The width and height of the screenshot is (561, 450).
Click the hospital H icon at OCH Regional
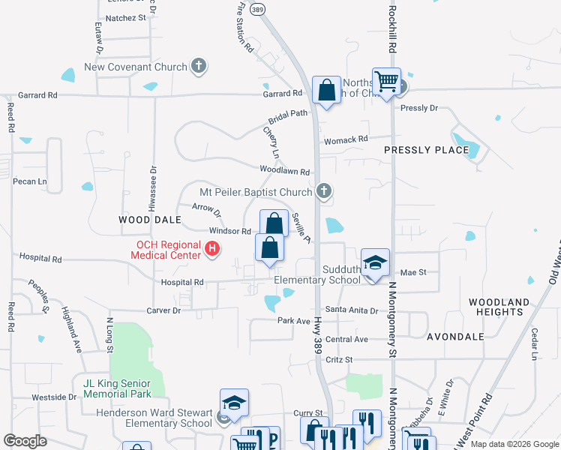click(x=212, y=250)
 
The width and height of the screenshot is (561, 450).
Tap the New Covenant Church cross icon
click(x=199, y=67)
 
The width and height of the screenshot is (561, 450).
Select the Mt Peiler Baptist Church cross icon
click(x=324, y=192)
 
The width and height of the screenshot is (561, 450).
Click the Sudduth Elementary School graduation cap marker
click(x=375, y=262)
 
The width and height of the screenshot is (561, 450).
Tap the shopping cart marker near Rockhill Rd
click(x=386, y=80)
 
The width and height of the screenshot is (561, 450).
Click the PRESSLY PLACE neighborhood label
click(x=426, y=150)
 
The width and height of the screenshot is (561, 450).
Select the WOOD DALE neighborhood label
click(x=150, y=220)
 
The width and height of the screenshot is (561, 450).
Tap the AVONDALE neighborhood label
click(x=455, y=337)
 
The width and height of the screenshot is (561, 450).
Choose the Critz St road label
click(x=339, y=360)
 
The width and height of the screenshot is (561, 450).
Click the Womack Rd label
click(x=346, y=139)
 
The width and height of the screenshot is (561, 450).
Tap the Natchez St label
click(x=125, y=17)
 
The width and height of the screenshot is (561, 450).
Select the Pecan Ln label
click(x=30, y=181)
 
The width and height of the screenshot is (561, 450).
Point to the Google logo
click(x=25, y=441)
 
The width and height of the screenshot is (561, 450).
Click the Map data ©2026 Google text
click(x=513, y=444)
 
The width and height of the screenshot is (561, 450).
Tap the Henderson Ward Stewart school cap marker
click(x=234, y=404)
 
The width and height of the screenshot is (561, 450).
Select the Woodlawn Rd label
click(x=285, y=172)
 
